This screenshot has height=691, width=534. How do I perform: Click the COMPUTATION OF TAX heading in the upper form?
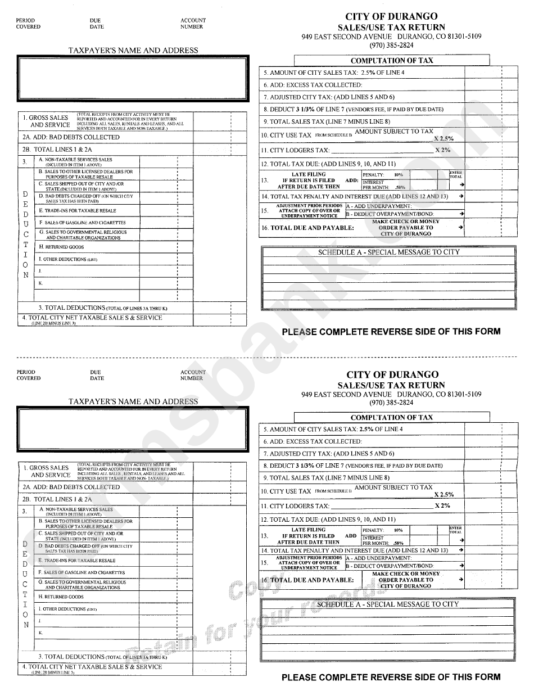point(392,61)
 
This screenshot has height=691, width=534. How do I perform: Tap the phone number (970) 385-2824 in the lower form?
point(391,403)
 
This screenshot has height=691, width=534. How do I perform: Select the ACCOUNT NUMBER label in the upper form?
point(193,24)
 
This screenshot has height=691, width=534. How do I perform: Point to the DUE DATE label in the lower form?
point(97,375)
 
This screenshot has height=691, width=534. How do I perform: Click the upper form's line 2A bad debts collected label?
point(71,137)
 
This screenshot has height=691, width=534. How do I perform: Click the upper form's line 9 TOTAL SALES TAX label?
point(326,121)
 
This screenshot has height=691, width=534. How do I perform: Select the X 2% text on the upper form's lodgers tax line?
point(443,151)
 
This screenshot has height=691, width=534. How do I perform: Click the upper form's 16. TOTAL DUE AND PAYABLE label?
point(307,228)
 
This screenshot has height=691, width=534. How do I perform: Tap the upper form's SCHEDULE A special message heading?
point(388,252)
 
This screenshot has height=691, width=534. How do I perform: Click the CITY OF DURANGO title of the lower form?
point(391,375)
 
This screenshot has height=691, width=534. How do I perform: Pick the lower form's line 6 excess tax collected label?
point(313,442)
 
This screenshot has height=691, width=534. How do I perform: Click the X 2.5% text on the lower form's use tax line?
point(444,495)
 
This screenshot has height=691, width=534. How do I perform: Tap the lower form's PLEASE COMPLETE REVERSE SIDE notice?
point(391,677)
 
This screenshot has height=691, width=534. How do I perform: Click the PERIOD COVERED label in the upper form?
point(28,24)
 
